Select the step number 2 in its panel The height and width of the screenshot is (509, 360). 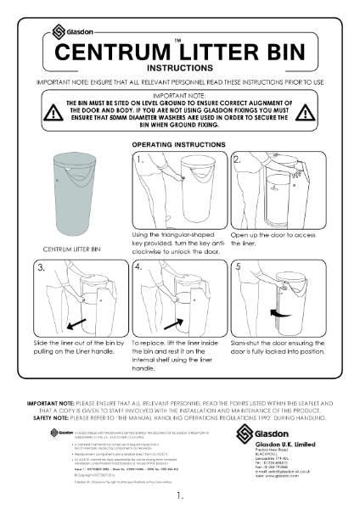pyautogui.click(x=239, y=159)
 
